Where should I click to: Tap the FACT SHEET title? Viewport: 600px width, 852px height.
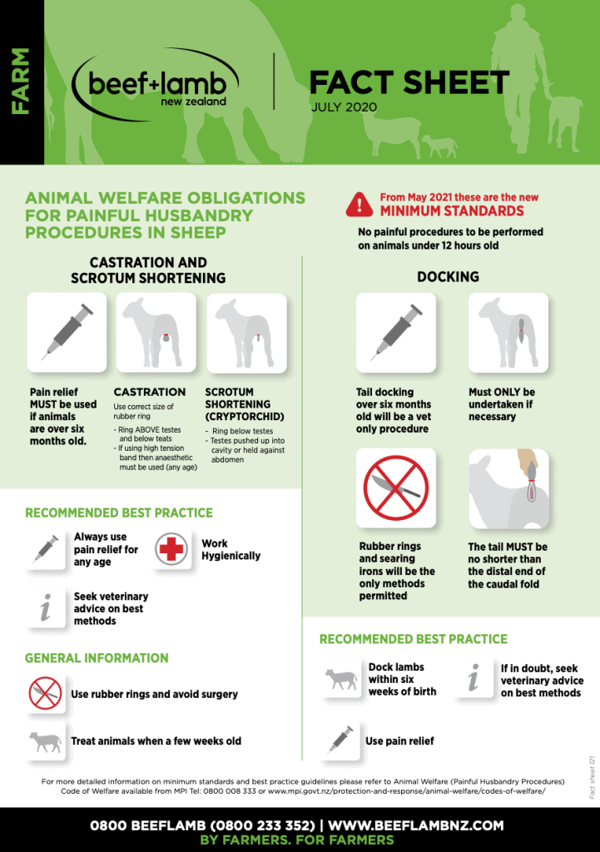pyautogui.click(x=409, y=82)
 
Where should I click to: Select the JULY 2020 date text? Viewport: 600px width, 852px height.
pyautogui.click(x=344, y=107)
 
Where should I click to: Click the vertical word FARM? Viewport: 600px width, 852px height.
pyautogui.click(x=20, y=82)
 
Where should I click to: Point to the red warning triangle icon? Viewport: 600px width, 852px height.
pyautogui.click(x=360, y=204)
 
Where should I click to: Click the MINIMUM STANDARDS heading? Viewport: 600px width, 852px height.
pyautogui.click(x=452, y=211)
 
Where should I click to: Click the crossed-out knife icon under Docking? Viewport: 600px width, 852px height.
pyautogui.click(x=395, y=488)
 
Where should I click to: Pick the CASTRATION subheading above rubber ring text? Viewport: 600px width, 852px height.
pyautogui.click(x=150, y=392)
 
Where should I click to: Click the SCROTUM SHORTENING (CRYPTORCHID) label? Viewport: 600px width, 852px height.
pyautogui.click(x=244, y=404)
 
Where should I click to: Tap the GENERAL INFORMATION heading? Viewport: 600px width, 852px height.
pyautogui.click(x=97, y=658)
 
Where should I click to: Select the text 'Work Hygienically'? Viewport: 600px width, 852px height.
pyautogui.click(x=231, y=549)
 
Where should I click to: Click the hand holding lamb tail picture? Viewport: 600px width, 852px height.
pyautogui.click(x=508, y=488)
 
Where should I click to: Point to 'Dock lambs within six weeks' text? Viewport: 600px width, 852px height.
pyautogui.click(x=402, y=679)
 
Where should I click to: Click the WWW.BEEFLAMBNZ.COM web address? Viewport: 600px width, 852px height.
pyautogui.click(x=416, y=825)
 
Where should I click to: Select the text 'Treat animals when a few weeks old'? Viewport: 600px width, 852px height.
pyautogui.click(x=156, y=741)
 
